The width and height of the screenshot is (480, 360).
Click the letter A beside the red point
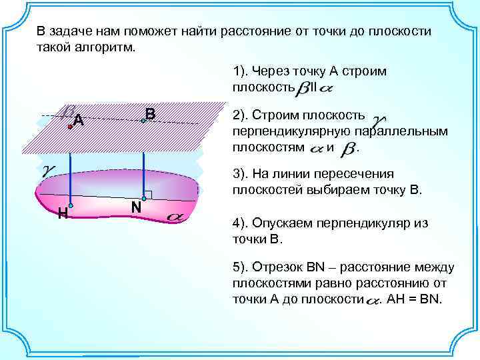point(79,121)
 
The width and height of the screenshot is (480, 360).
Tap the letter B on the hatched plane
point(150,115)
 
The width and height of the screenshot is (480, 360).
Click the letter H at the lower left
point(61,213)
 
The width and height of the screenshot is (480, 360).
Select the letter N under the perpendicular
point(135,208)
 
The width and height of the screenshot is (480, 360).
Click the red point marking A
point(69,125)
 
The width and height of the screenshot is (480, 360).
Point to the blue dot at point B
point(143,121)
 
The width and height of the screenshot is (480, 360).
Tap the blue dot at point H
point(70,207)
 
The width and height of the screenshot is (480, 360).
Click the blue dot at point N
point(143,199)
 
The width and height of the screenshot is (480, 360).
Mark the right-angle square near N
point(148,195)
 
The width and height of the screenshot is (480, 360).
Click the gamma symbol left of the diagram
point(48,170)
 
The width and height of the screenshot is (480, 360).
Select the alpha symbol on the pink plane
point(176,216)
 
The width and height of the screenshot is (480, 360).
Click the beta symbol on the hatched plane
point(68,111)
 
